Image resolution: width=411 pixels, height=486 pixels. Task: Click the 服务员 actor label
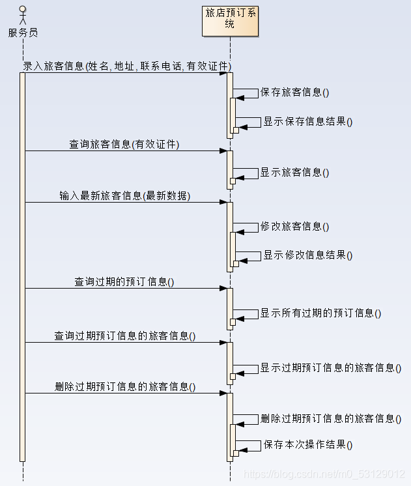coord(23,32)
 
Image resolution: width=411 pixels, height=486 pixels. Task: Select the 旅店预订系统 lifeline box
coord(230,19)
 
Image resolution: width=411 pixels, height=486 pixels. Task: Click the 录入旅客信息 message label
coord(127,66)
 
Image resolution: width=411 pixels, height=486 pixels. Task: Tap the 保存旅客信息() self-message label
coord(294,93)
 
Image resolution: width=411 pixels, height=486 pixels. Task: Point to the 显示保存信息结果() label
coord(307,121)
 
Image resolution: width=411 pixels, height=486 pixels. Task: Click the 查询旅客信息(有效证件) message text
coord(124,145)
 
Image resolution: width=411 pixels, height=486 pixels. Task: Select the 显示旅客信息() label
coord(294,173)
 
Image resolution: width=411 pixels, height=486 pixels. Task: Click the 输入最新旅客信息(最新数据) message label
coord(125,195)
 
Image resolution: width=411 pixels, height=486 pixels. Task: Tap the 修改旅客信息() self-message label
coord(294,227)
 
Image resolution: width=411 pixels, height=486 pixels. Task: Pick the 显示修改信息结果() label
coord(307,255)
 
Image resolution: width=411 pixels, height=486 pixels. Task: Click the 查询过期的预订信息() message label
coord(124,282)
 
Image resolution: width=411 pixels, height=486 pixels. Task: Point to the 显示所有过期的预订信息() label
coord(320,313)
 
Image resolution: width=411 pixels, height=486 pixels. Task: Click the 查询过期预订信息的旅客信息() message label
coord(125,336)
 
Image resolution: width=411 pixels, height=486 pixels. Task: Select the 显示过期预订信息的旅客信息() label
coord(331,367)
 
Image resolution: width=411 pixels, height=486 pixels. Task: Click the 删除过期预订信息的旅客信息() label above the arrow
coord(125,387)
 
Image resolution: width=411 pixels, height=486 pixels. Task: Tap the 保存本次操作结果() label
coord(307,445)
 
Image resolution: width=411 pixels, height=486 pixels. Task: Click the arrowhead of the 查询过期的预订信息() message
coord(223,288)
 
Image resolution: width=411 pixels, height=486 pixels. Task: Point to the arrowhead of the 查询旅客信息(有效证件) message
coord(223,151)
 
